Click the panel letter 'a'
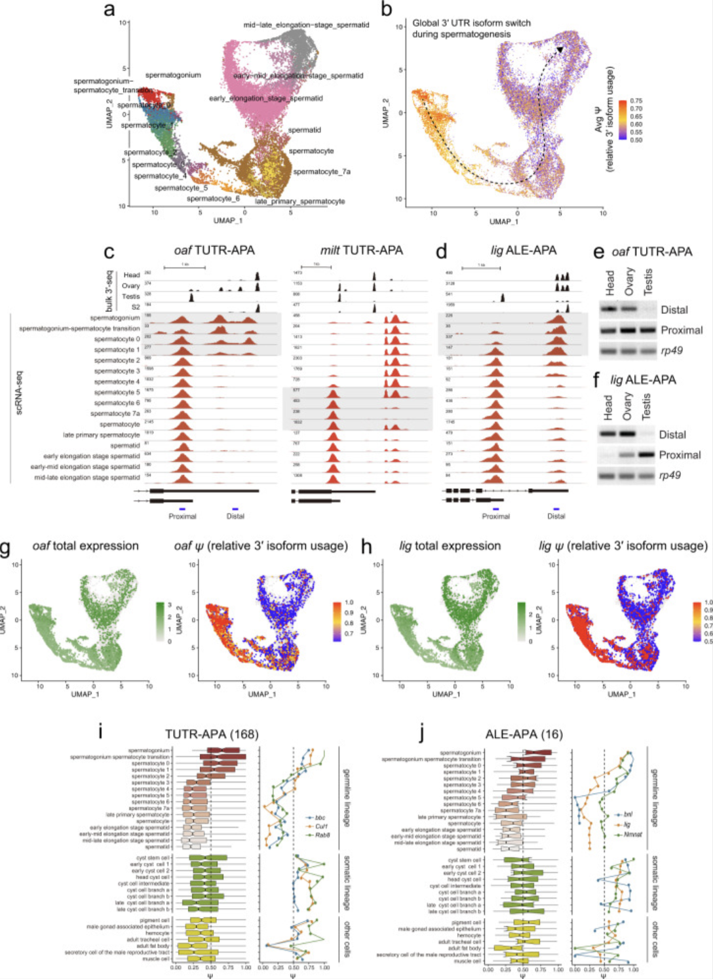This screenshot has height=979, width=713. click(x=109, y=9)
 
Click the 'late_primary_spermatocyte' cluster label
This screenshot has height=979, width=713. click(x=299, y=201)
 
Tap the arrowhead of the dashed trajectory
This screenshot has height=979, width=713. click(x=560, y=49)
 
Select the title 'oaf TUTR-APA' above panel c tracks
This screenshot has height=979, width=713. click(x=214, y=250)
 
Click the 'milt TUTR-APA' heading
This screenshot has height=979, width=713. click(x=361, y=250)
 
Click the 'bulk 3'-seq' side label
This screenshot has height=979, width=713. click(x=109, y=291)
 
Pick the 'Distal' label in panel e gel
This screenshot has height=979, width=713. click(x=674, y=310)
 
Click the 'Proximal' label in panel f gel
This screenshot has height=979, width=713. click(x=680, y=455)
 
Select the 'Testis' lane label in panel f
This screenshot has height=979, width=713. click(x=646, y=407)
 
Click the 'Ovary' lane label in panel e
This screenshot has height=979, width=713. click(x=629, y=281)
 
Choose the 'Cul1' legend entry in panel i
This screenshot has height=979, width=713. click(x=321, y=826)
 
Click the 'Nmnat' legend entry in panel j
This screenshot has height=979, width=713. click(x=632, y=834)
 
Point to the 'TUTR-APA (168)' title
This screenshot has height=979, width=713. click(x=212, y=734)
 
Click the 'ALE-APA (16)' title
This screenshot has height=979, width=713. click(x=524, y=734)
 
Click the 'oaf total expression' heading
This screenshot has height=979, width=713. click(x=85, y=546)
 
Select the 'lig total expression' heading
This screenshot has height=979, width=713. click(x=450, y=546)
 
